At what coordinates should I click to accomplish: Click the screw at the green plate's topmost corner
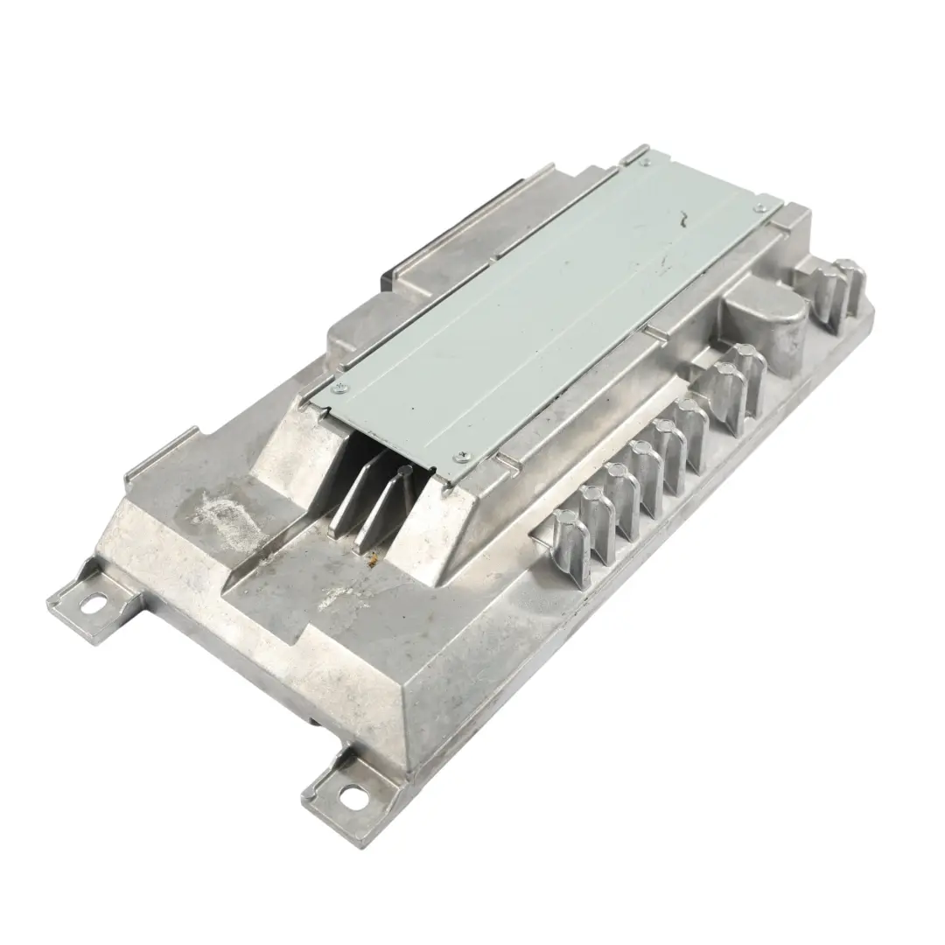[x=646, y=161]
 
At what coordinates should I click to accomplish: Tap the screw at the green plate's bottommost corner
[x=462, y=455]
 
